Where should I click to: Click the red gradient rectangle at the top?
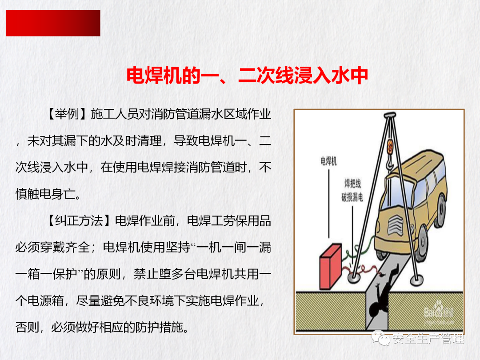click(x=53, y=23)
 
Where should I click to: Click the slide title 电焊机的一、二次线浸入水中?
click(x=247, y=75)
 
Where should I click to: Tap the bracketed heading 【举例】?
click(x=67, y=114)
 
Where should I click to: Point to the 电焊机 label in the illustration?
click(x=328, y=161)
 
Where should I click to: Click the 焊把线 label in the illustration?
click(x=352, y=184)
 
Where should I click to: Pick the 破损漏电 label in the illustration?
click(x=352, y=197)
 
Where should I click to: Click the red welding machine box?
click(x=331, y=266)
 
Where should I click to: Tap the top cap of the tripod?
click(x=390, y=116)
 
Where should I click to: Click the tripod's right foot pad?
click(x=416, y=280)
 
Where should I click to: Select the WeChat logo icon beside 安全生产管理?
click(x=380, y=338)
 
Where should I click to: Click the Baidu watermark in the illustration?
click(x=439, y=312)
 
